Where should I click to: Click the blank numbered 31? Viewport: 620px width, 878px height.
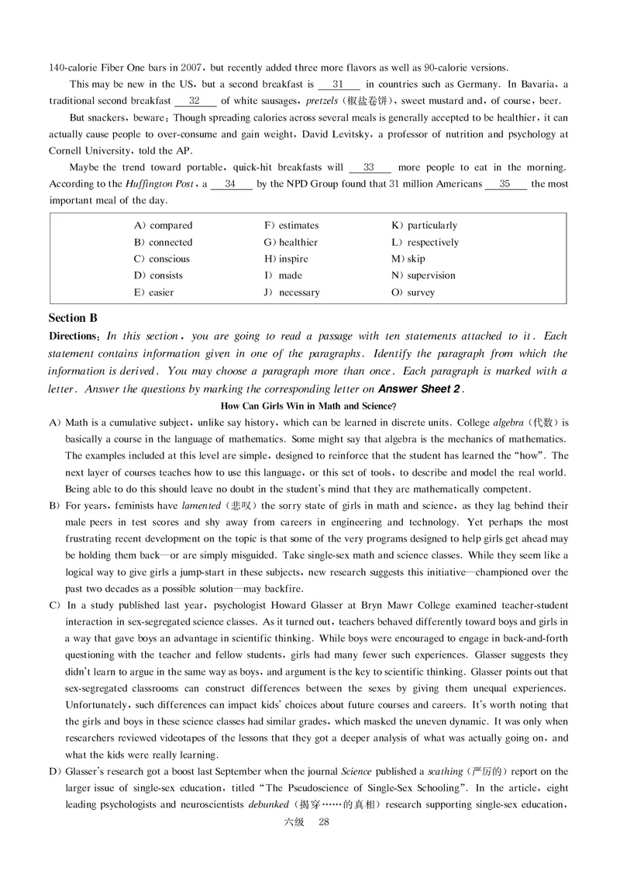(x=339, y=84)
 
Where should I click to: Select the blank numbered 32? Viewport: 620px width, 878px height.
(x=195, y=101)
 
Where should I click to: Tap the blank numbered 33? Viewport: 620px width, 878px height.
(x=370, y=168)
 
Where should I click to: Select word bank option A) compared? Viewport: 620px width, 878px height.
(x=164, y=226)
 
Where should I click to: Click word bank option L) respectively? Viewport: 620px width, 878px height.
(x=425, y=242)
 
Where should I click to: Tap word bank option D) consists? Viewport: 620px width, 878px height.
(x=158, y=275)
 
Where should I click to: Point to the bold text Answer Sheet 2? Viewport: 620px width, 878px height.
(x=418, y=389)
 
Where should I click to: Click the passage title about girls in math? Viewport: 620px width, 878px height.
(x=309, y=406)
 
